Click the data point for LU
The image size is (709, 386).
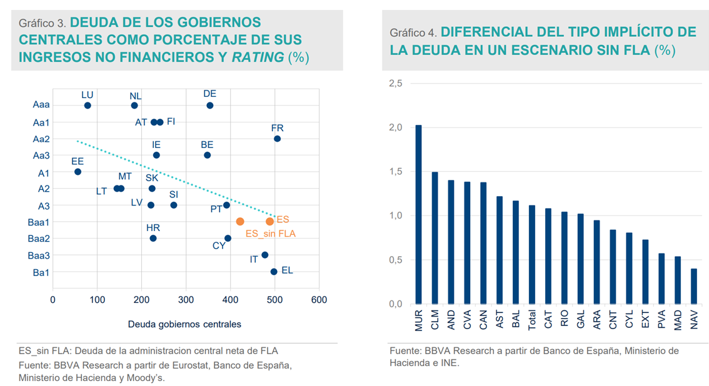(x=88, y=106)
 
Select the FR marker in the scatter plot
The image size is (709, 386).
(x=277, y=139)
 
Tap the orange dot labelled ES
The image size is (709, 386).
(x=269, y=222)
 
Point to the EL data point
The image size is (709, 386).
(x=274, y=272)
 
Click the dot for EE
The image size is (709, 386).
(x=78, y=172)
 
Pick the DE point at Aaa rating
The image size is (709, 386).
(x=210, y=106)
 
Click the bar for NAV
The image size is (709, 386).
(x=694, y=286)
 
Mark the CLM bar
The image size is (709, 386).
(x=435, y=238)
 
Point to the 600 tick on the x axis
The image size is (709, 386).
(x=319, y=300)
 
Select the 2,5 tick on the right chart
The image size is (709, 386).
(x=395, y=84)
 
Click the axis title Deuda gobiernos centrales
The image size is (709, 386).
(x=184, y=324)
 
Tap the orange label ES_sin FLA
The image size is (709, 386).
(x=270, y=234)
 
